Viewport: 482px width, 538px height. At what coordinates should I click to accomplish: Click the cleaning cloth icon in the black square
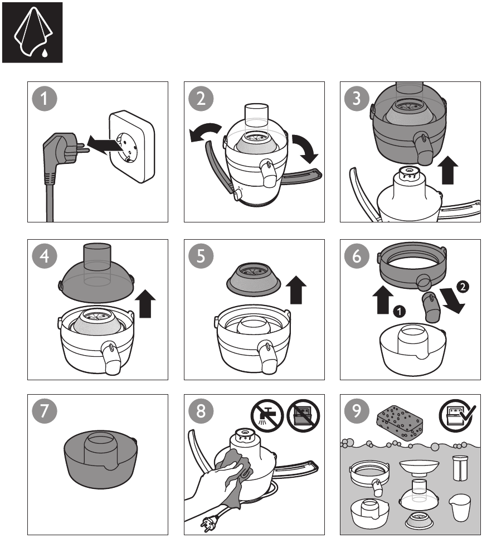point(32,32)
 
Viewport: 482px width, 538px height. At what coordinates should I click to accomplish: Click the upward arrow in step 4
point(146,304)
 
